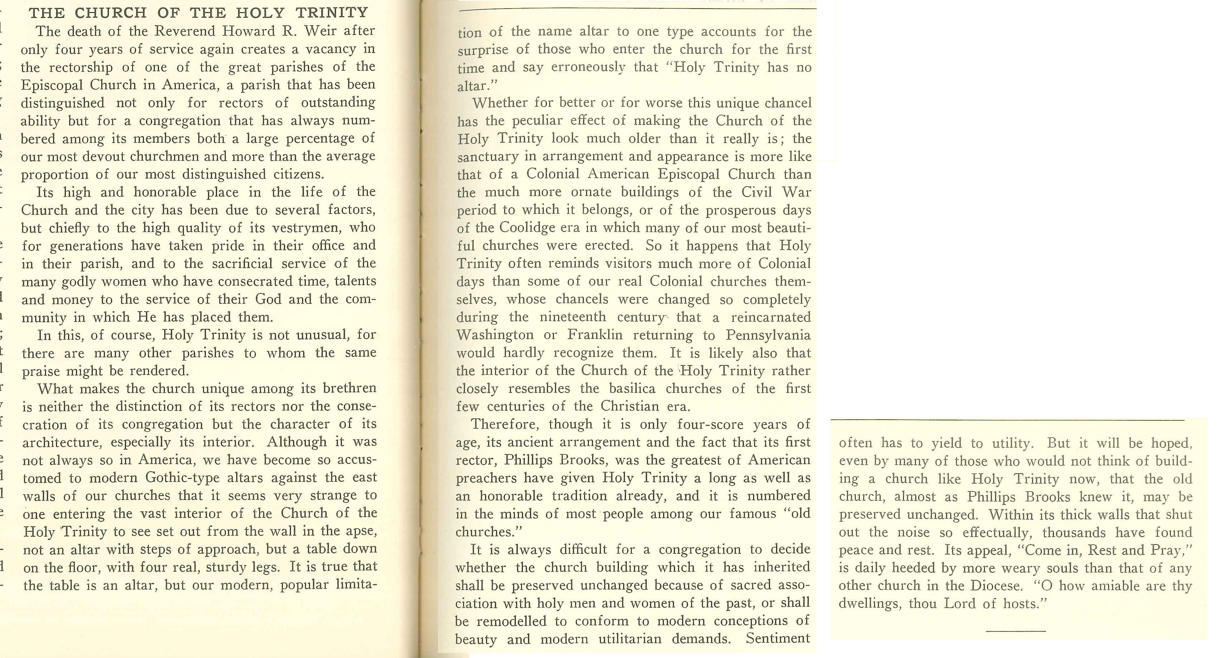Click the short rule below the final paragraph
(x=1016, y=631)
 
